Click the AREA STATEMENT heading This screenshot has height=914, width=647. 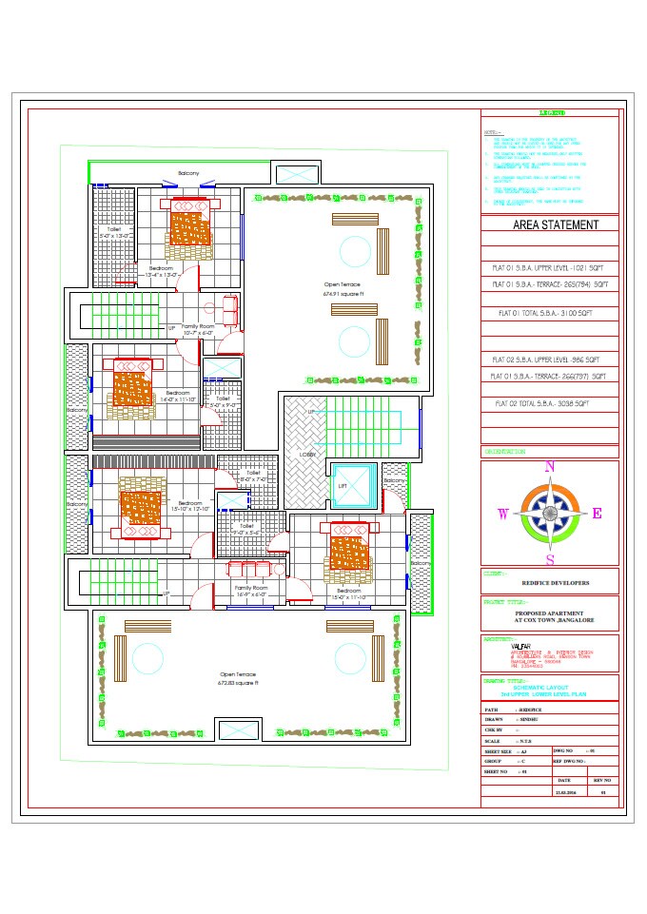tap(556, 225)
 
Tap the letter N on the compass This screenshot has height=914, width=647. tap(549, 467)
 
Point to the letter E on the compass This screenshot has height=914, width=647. tap(598, 514)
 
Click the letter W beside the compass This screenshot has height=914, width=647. tap(503, 515)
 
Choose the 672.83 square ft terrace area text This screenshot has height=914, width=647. tap(239, 683)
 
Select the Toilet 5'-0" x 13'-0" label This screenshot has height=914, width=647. tap(114, 233)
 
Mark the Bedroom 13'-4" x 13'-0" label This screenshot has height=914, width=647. tap(160, 271)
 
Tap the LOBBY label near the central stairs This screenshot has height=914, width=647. tap(307, 455)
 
